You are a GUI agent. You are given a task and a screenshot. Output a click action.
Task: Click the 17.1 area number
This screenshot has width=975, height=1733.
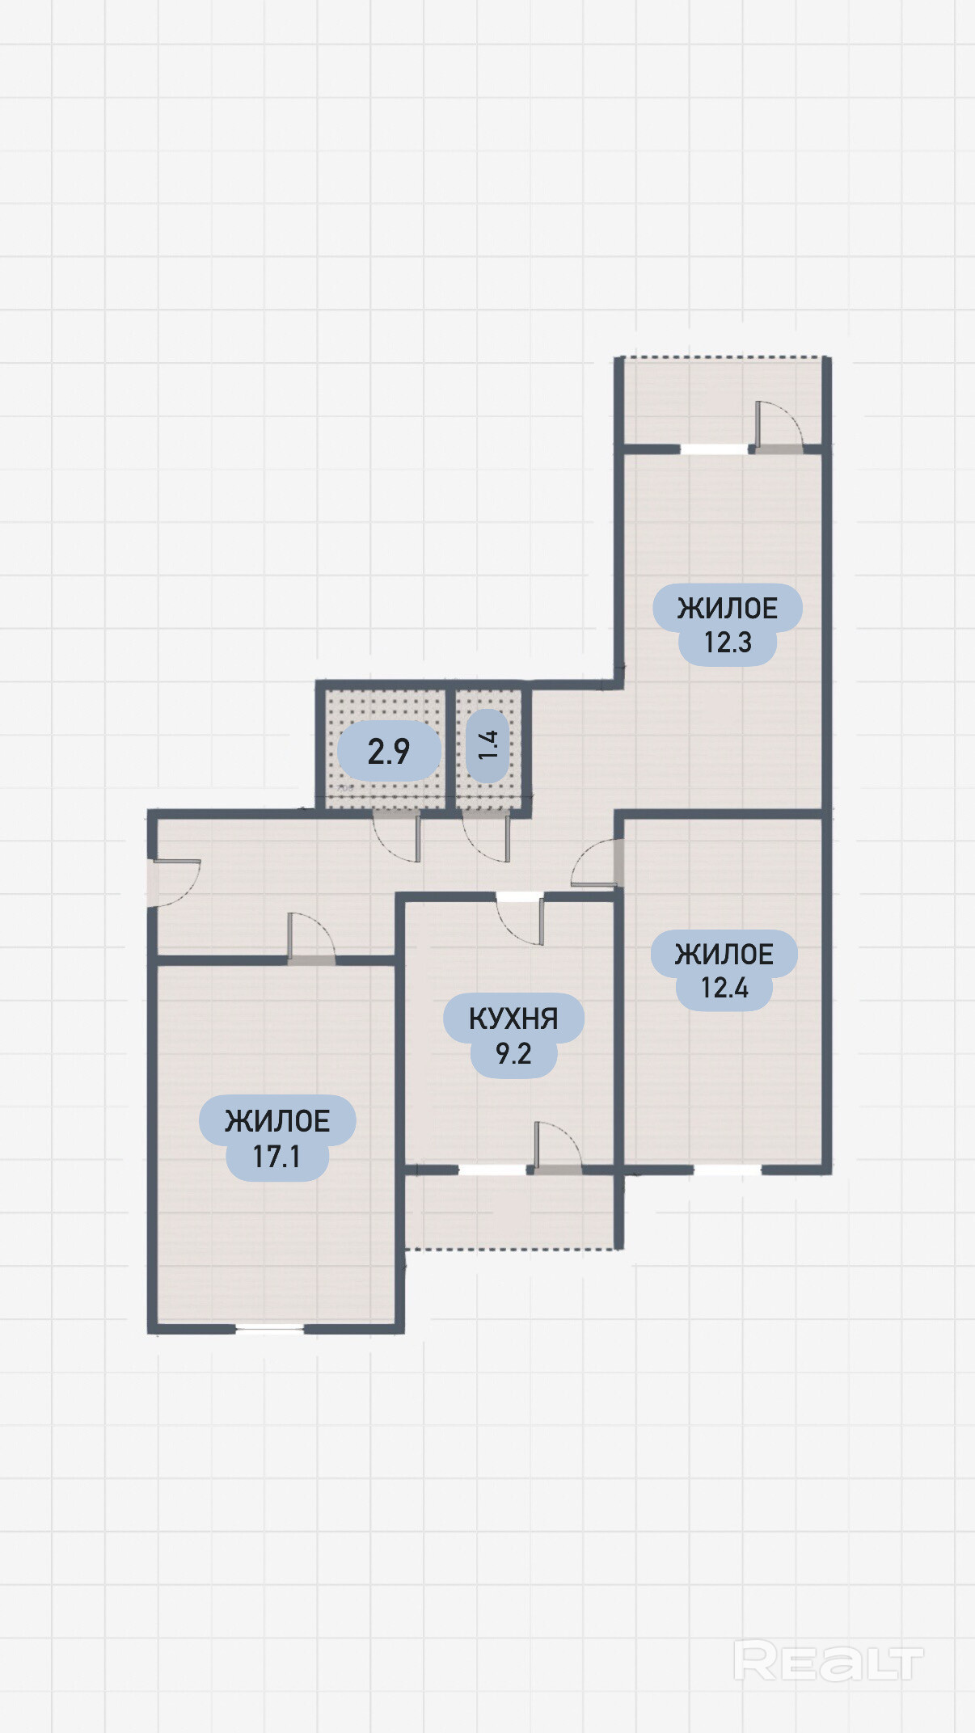[x=276, y=1157]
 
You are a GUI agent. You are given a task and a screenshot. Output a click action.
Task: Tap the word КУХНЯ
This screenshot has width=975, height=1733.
[x=513, y=1018]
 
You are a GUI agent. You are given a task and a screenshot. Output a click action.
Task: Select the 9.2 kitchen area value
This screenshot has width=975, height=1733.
[x=513, y=1054]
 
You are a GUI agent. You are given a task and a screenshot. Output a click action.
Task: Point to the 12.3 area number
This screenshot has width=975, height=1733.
[x=728, y=643]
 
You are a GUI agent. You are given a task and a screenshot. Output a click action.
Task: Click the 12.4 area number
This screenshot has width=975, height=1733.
[x=724, y=988]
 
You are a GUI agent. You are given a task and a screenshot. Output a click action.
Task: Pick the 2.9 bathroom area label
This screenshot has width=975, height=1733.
[x=389, y=752]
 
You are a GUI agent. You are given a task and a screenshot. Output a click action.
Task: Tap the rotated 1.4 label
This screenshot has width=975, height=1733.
[x=488, y=744]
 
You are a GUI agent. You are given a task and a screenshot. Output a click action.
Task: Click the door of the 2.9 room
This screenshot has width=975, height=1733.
[x=396, y=837]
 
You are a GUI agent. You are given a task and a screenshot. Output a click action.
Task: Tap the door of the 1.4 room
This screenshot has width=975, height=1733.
[x=486, y=837]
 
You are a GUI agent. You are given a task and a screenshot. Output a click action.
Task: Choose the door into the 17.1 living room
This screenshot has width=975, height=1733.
[x=311, y=938]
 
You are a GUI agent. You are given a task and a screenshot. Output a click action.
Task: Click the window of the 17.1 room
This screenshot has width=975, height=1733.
[x=269, y=1328]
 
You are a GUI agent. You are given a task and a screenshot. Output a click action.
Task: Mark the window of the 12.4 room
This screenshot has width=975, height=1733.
[x=728, y=1170]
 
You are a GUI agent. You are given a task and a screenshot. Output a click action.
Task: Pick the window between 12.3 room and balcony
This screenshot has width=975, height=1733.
[x=714, y=449]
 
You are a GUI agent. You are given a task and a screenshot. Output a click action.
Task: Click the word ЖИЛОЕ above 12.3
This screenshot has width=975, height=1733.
[x=728, y=608]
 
